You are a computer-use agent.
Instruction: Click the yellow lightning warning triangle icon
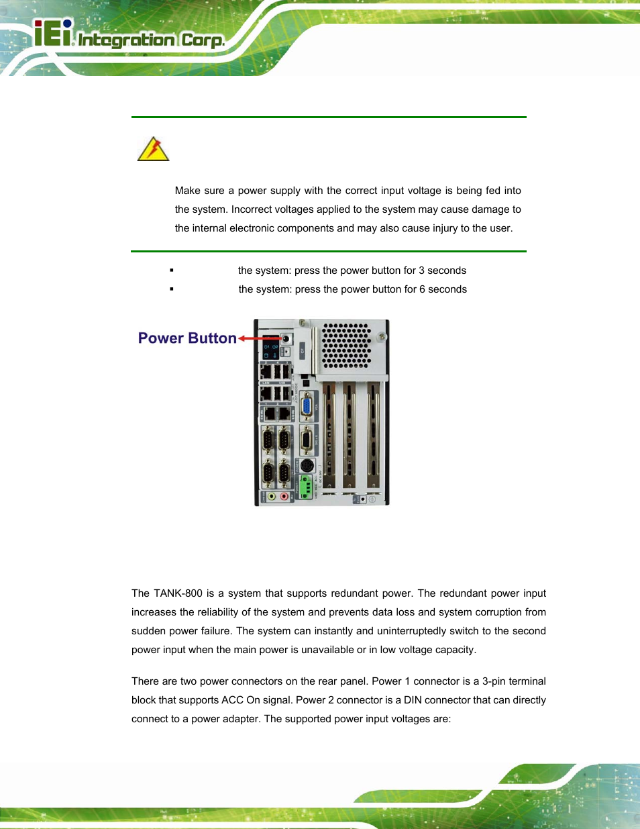[x=153, y=149]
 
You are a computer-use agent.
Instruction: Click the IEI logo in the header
[x=54, y=34]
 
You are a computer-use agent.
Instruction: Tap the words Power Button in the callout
[x=187, y=338]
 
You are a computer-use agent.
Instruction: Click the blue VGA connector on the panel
[x=307, y=407]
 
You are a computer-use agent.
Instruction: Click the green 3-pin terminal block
[x=306, y=485]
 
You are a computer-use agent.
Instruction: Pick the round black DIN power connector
[x=307, y=465]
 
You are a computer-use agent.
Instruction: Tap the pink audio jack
[x=284, y=497]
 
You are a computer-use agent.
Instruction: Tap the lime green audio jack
[x=272, y=497]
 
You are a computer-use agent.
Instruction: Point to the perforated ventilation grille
[x=346, y=345]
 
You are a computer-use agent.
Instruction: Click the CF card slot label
[x=303, y=350]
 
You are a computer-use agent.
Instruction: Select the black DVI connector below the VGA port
[x=307, y=440]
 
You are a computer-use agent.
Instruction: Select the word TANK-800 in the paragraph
[x=178, y=593]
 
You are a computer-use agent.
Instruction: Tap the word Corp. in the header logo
[x=203, y=40]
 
